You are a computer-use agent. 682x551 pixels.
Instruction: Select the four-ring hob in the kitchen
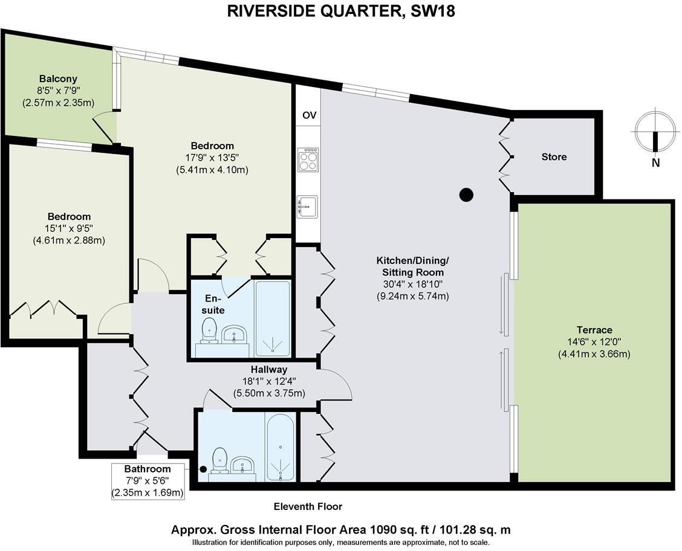pos(308,159)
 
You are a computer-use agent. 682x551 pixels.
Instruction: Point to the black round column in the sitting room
pos(466,195)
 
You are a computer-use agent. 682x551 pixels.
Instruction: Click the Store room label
pos(554,157)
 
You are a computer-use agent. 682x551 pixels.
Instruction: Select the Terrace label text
pos(594,330)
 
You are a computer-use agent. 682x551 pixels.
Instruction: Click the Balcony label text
pos(58,79)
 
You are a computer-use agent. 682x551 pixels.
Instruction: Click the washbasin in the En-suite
pos(233,334)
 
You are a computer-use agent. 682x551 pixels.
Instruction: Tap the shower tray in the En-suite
pos(273,318)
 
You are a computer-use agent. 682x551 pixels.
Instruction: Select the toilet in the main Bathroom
pos(219,460)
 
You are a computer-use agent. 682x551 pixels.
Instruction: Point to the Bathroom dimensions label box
pos(147,481)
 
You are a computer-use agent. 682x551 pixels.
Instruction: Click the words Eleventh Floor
pos(308,506)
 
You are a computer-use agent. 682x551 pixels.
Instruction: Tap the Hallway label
pos(269,369)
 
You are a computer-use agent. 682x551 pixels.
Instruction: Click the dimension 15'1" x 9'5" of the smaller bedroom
pos(69,228)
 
